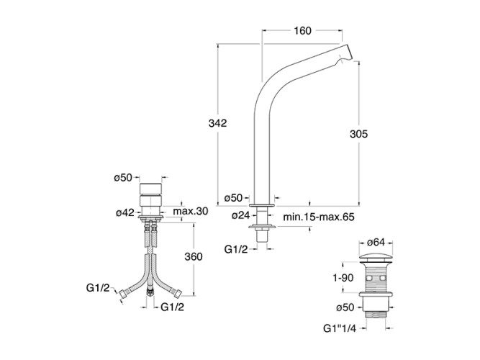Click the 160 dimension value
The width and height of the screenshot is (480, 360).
[x=302, y=31]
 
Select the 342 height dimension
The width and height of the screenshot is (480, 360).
[x=217, y=123]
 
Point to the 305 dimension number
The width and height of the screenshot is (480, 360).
[x=359, y=134]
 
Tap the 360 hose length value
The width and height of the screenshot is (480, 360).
[x=194, y=256]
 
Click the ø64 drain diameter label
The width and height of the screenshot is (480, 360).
[x=376, y=242]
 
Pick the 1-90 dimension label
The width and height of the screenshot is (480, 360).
[x=343, y=278]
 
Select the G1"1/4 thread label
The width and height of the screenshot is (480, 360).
[x=340, y=328]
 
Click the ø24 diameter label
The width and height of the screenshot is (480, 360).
[x=241, y=216]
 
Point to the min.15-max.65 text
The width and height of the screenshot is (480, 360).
[x=319, y=217]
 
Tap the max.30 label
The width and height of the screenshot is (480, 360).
[x=191, y=211]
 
